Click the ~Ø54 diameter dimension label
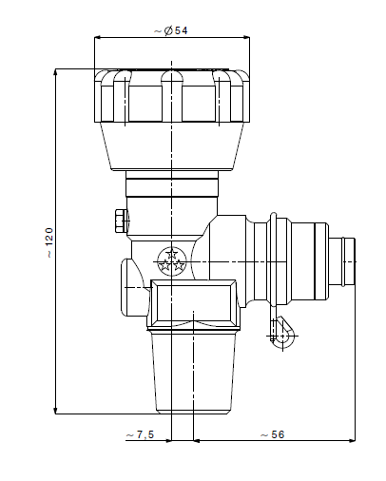[x=171, y=30]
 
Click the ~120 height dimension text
[x=49, y=242]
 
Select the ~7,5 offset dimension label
[x=140, y=434]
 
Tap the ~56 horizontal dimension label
[x=273, y=434]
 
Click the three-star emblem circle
[x=172, y=261]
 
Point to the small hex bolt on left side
[x=122, y=221]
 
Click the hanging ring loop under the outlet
[x=283, y=334]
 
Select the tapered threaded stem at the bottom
[x=193, y=373]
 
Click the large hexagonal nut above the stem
[x=193, y=303]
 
